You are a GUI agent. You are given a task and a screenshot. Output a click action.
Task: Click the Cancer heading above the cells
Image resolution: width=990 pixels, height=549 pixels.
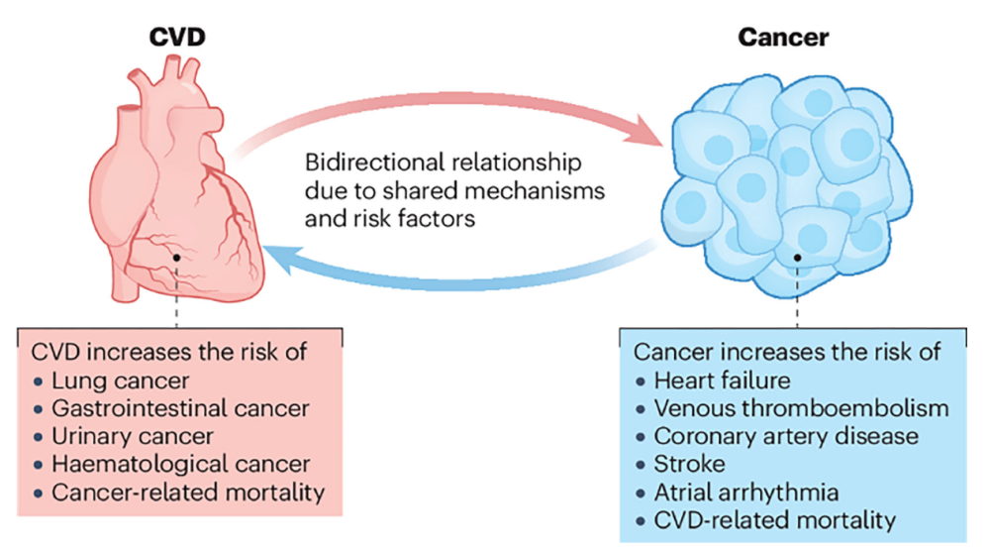pos(783,38)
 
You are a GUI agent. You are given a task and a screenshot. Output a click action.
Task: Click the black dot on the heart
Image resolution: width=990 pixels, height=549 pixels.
pos(176,258)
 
